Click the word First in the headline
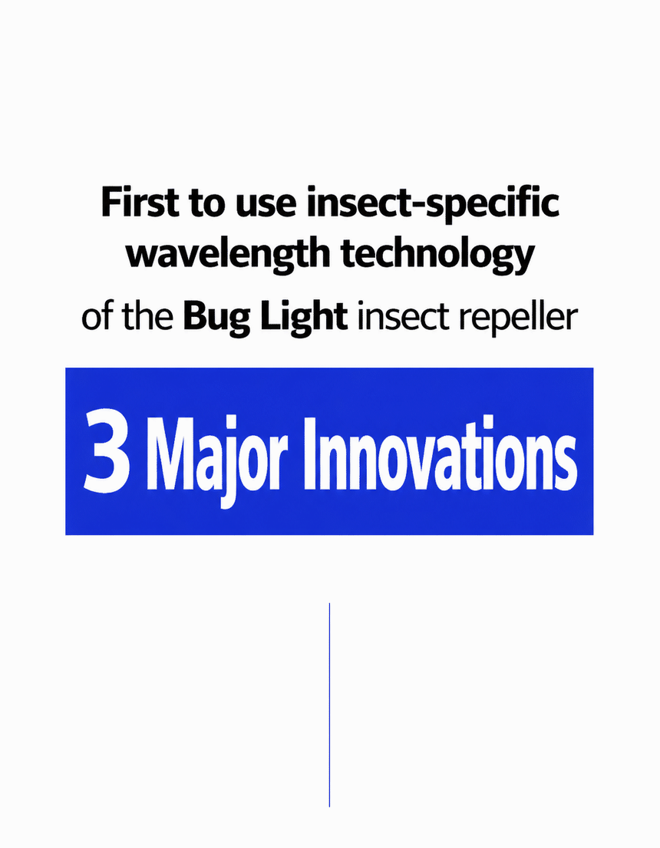(x=140, y=202)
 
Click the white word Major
(x=214, y=459)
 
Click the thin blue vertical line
(x=329, y=704)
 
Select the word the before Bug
(x=147, y=317)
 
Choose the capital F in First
(x=111, y=203)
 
